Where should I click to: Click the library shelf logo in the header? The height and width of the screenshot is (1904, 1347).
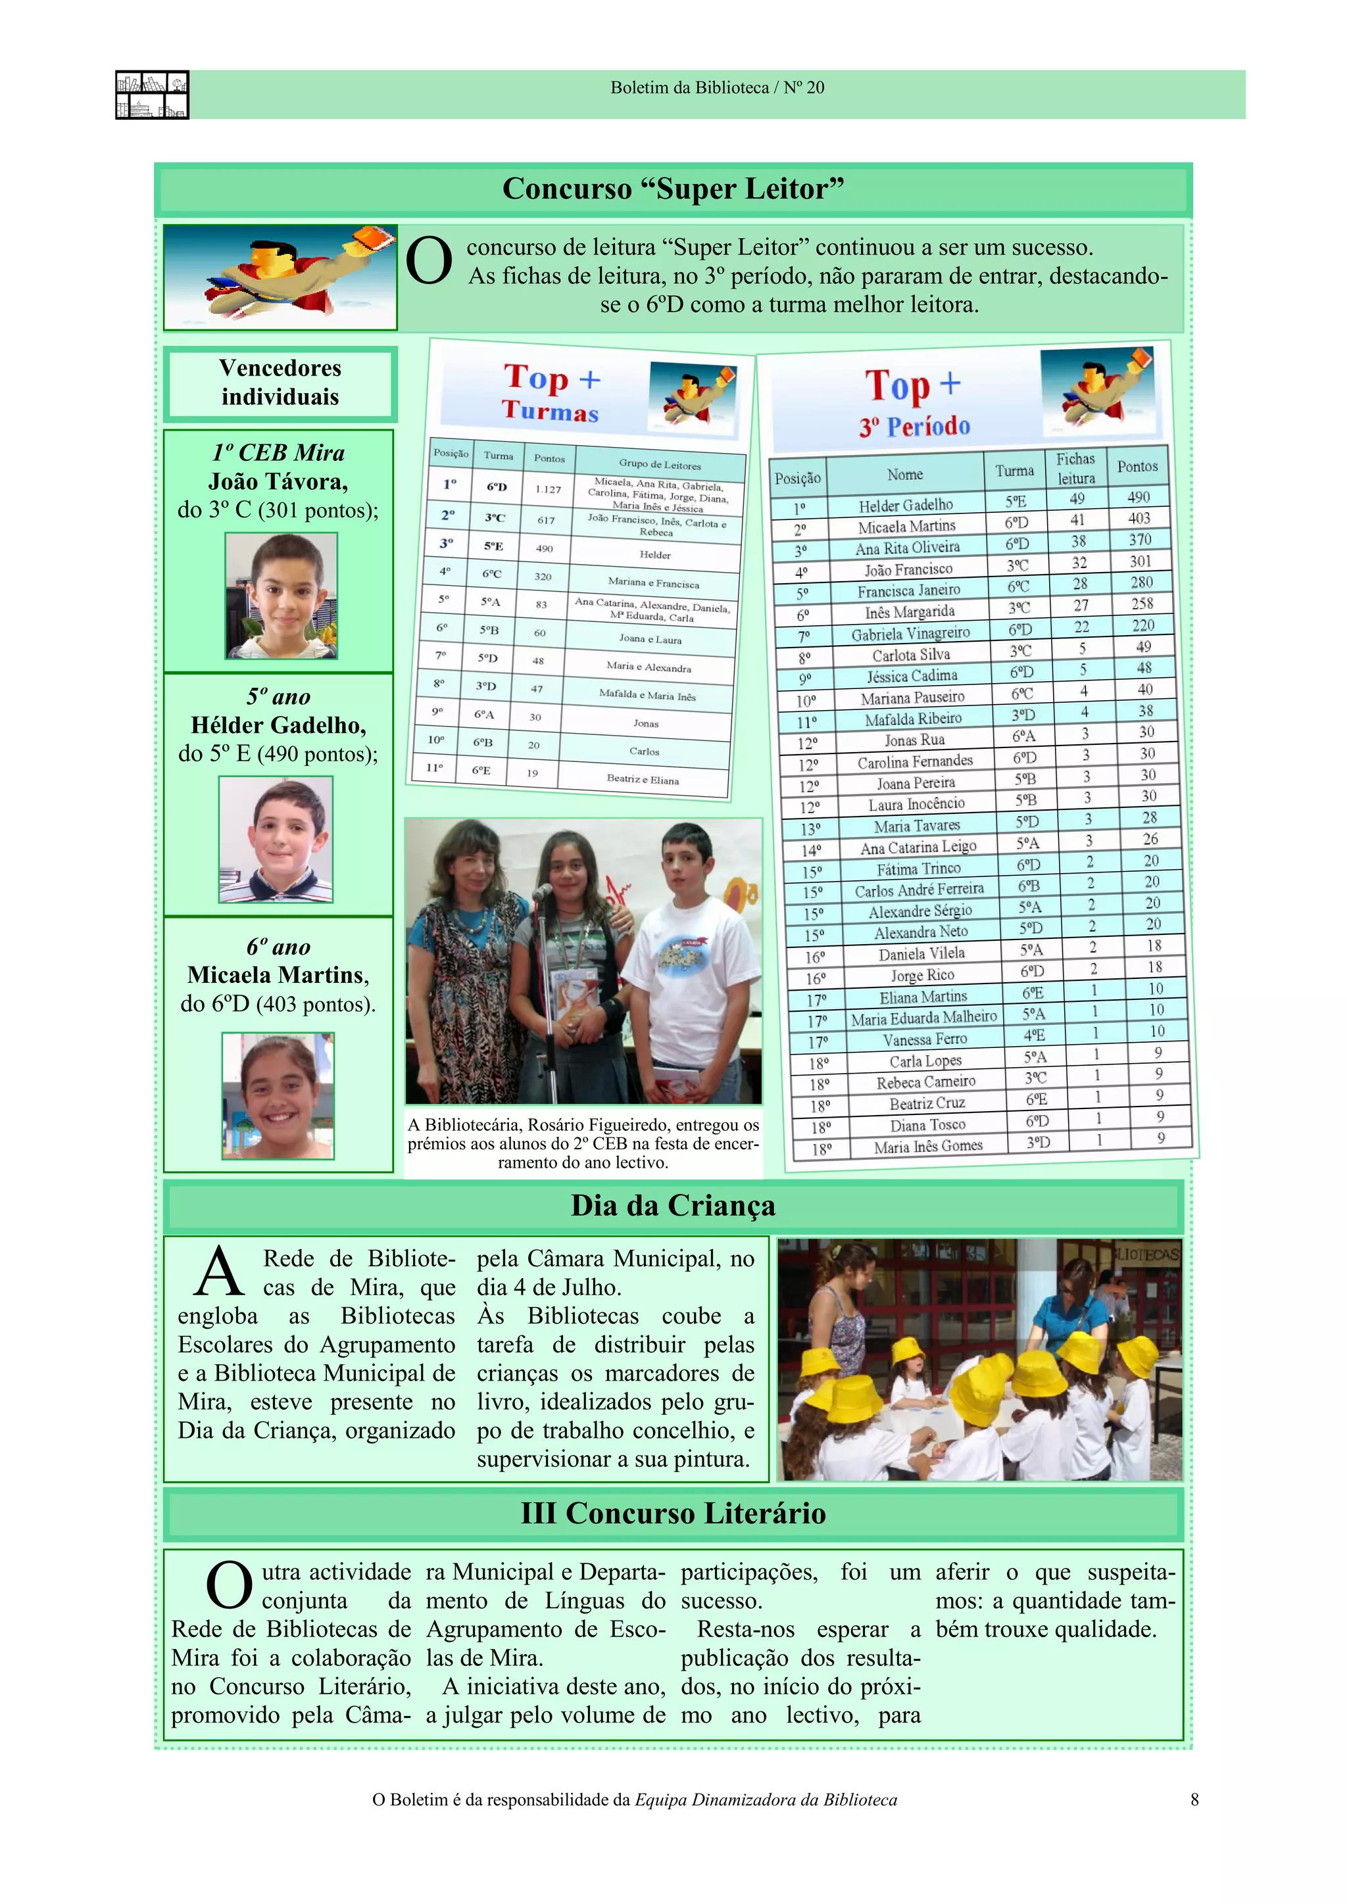coord(152,95)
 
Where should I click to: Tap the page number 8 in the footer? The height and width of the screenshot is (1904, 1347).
coord(1194,1799)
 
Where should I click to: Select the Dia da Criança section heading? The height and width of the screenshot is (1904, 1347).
coord(673,1206)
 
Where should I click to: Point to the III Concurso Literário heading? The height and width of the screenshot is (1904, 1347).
coord(673,1513)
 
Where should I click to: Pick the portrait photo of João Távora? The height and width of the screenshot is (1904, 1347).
coord(282,596)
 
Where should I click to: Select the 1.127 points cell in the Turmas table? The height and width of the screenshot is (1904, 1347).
coord(547,489)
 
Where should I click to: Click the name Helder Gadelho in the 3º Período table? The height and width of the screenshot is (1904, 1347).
coord(905,505)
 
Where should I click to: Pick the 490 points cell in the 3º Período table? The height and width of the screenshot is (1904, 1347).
coord(1138,497)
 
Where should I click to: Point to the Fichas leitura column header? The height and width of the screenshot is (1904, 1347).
coord(1076,469)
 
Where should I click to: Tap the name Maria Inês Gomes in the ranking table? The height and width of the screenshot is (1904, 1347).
coord(927,1146)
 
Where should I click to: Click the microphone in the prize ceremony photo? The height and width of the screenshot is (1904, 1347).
coord(541,892)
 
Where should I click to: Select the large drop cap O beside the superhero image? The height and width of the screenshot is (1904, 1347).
coord(429,262)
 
